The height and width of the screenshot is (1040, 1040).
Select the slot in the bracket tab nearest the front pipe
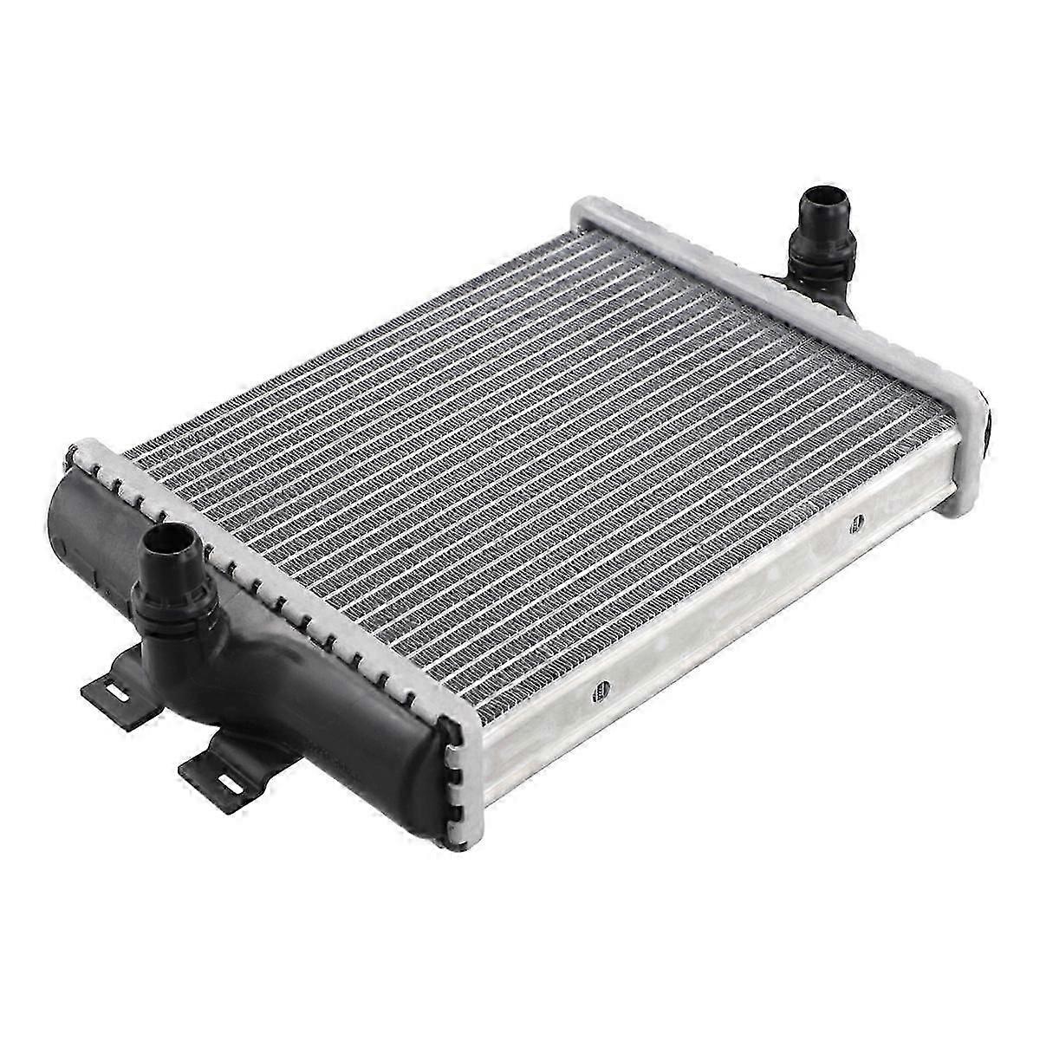112,691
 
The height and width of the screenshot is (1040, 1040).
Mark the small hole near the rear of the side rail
856,523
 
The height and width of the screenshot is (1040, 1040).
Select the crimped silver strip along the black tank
286,598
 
